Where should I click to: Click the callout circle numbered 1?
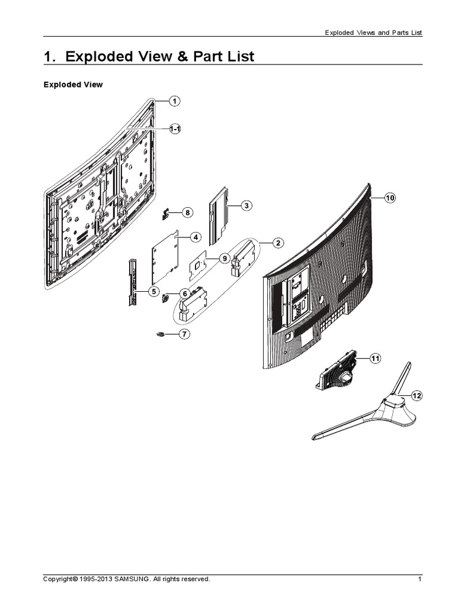175,101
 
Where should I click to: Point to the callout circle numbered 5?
153,291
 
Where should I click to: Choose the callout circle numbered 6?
184,294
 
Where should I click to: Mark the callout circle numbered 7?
184,334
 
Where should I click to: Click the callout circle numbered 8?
187,212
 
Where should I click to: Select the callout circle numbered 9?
224,259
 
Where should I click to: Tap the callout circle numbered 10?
389,198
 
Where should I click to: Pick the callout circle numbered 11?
375,359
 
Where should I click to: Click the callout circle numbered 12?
416,395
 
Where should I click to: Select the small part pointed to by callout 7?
160,335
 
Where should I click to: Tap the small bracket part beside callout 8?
167,212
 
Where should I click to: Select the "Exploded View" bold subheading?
73,85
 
